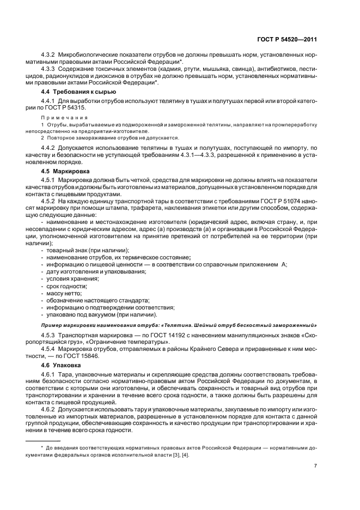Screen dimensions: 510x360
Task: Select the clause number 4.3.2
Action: pyautogui.click(x=50, y=55)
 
